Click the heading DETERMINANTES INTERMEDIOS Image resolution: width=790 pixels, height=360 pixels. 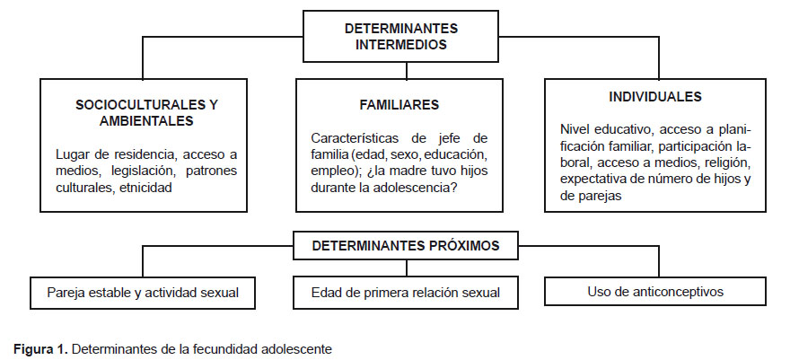click(x=401, y=36)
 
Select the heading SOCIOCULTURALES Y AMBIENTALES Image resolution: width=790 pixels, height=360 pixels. click(x=146, y=113)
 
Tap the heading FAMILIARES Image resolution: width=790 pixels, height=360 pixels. click(x=399, y=105)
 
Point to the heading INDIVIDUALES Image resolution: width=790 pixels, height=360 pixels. click(x=655, y=97)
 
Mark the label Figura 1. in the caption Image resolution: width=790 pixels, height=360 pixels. click(x=40, y=349)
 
